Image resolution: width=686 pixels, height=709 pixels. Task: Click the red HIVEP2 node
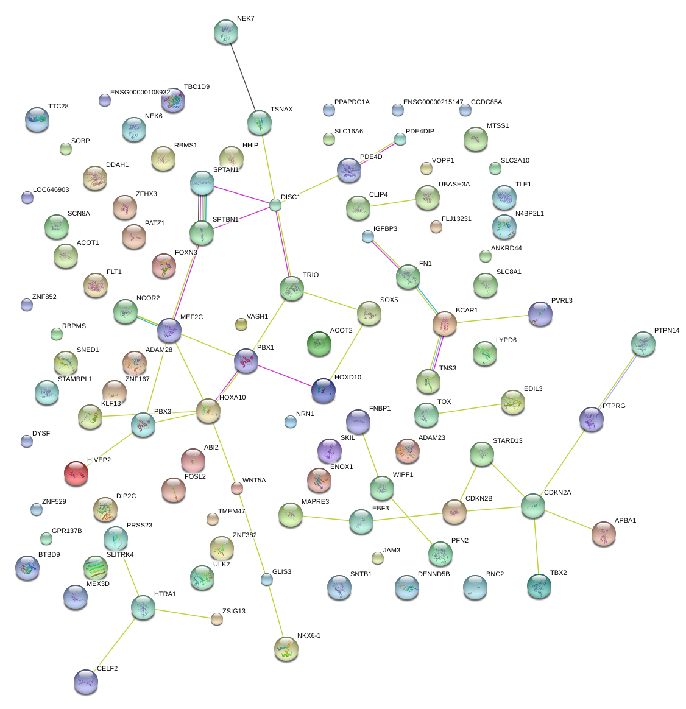76,473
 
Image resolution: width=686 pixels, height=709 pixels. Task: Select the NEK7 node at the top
226,32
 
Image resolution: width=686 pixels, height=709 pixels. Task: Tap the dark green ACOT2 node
319,344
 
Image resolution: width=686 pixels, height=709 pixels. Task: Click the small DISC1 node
275,205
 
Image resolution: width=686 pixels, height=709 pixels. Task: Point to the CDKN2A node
533,506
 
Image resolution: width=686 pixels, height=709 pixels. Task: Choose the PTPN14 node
643,344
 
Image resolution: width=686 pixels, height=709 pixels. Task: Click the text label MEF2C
191,317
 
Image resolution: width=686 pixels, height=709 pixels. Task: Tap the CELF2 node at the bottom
85,682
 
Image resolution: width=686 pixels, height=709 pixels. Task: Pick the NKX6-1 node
286,649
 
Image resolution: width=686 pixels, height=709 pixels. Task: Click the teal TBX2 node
539,586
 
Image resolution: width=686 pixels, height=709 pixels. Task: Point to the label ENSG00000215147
433,102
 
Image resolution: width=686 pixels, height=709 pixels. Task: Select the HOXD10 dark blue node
323,390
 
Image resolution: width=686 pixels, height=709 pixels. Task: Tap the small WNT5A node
237,488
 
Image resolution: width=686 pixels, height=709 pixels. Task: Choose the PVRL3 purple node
540,314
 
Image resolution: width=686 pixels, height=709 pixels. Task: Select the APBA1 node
603,534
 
